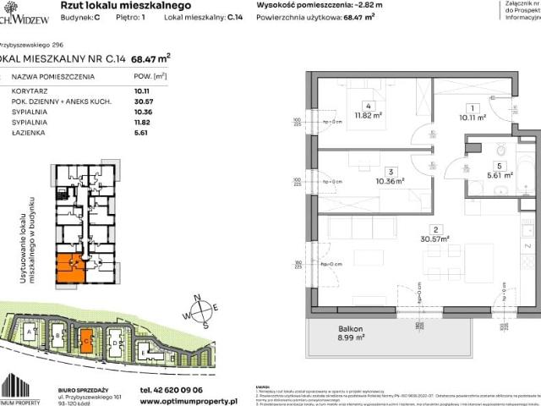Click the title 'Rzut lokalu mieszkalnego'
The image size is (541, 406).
(x=118, y=5)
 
